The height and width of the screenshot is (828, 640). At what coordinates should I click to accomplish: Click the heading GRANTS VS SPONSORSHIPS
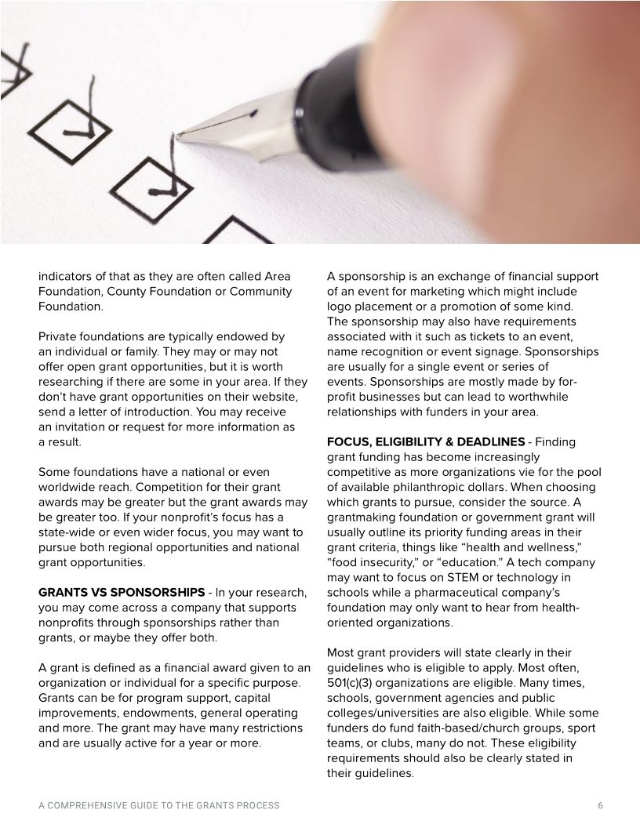[x=122, y=593]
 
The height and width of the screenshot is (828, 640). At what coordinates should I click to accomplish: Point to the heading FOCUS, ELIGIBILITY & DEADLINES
[x=425, y=442]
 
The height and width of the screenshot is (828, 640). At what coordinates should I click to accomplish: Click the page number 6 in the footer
[x=600, y=805]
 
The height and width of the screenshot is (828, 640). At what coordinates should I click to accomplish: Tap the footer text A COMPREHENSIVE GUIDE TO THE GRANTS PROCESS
[x=158, y=805]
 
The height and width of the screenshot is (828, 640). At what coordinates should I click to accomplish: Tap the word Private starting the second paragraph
[x=59, y=336]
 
